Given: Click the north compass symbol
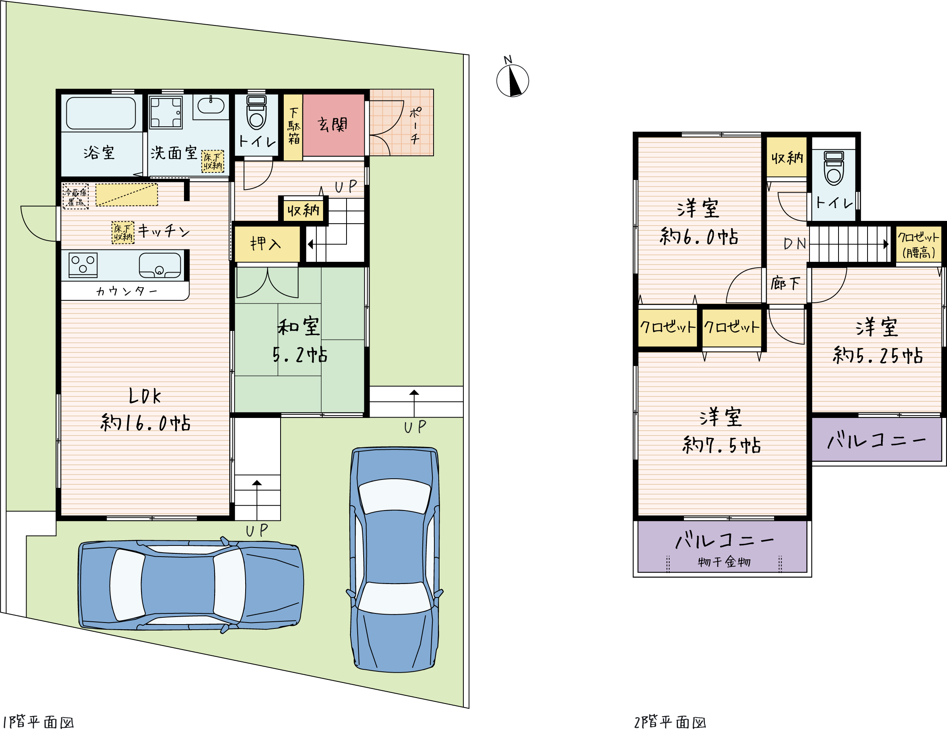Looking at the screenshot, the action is click(513, 81).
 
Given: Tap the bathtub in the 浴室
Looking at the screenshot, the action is click(101, 113).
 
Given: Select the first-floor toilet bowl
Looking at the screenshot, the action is click(256, 113).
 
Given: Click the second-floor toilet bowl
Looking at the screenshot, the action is click(834, 168).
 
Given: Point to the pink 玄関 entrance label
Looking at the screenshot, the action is click(333, 124).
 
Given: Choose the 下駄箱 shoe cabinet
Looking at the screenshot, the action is click(293, 127).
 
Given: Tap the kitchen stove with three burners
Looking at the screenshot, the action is click(83, 264).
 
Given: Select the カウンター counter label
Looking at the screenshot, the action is click(127, 290).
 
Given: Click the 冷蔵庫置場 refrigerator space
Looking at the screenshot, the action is click(76, 197).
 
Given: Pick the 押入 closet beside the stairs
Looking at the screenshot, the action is click(267, 244).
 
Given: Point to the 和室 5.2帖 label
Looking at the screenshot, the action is click(300, 340).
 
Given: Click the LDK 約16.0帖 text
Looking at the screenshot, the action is click(145, 409).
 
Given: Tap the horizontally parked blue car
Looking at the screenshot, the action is click(191, 585).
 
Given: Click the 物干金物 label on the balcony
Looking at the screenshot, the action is click(724, 562).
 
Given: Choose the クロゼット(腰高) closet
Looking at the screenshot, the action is click(919, 244).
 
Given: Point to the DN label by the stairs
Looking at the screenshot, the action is click(794, 244).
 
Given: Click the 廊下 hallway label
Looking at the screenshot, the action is click(785, 284).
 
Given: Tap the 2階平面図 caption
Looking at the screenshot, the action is click(670, 722).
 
